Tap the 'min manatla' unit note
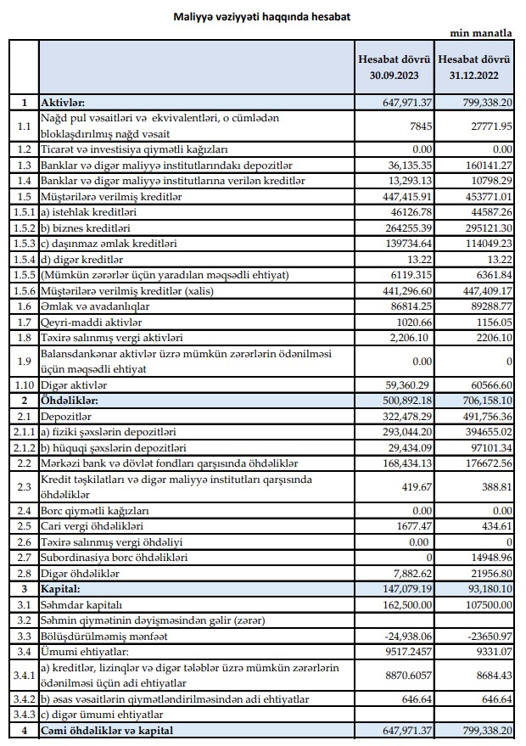click(x=481, y=34)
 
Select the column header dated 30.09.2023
click(x=394, y=68)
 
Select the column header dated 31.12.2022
click(x=475, y=68)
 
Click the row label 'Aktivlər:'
click(x=64, y=103)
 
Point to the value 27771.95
click(x=490, y=126)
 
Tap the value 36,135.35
click(x=406, y=165)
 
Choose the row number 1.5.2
click(x=24, y=227)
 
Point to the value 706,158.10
click(x=481, y=401)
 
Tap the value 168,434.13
click(x=402, y=463)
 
